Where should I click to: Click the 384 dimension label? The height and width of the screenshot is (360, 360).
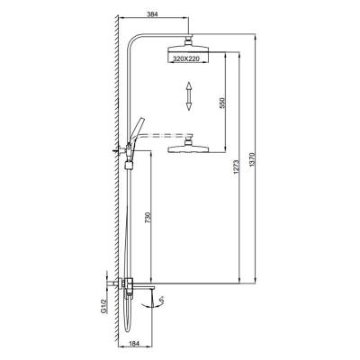point(153,13)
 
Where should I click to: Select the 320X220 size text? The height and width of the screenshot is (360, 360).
point(186,59)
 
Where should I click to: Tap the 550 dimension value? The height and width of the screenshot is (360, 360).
point(221,103)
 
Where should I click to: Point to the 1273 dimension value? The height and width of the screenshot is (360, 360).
point(236,167)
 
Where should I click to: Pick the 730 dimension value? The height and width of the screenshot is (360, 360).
point(147,218)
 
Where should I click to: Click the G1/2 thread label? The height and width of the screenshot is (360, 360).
point(103,306)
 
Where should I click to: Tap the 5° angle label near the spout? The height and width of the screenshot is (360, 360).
point(162,301)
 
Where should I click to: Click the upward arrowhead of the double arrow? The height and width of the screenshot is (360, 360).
point(188,86)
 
